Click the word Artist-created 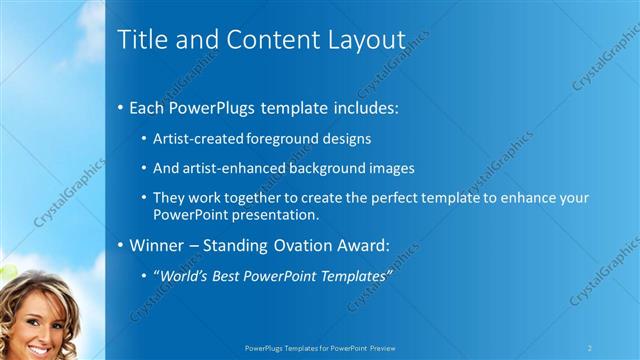[196, 139]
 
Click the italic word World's [184, 275]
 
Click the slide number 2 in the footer [590, 348]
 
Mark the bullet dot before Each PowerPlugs [122, 107]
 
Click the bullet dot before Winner [122, 245]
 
